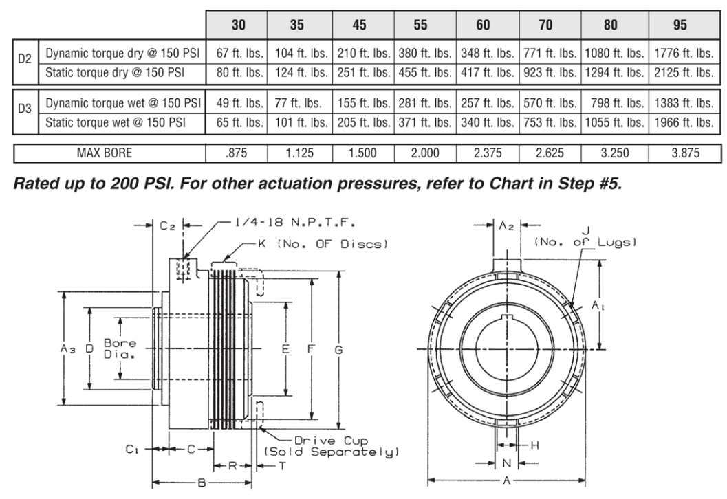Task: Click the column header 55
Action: [420, 25]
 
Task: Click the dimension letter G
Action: [338, 349]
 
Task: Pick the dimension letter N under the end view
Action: [507, 463]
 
